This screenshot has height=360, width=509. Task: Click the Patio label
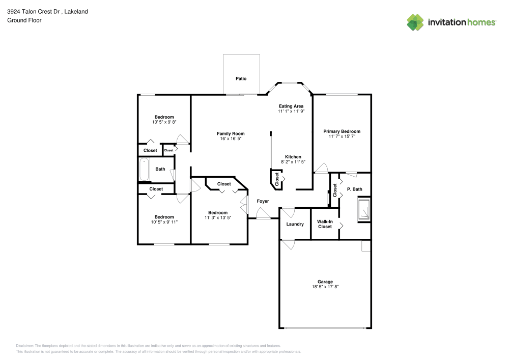coord(241,78)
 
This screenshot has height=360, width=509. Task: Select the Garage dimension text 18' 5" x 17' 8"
coord(325,287)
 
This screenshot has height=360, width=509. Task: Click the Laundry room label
coord(295,224)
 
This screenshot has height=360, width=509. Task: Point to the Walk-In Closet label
coord(325,224)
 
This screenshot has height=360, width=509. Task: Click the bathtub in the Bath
coord(144,170)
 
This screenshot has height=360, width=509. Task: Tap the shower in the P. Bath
coord(364,209)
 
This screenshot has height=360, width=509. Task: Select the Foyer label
coord(263,201)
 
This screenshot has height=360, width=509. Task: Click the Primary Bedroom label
coord(342,131)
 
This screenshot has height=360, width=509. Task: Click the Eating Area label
coord(291,106)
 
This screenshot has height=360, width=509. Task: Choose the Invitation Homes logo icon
coord(415,22)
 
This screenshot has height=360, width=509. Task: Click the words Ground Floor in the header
coord(24,20)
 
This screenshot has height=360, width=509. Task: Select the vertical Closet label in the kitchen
coord(277,179)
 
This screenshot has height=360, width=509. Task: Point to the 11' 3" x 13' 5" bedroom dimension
coord(218,217)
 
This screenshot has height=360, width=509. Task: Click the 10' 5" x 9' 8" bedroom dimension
coord(164,122)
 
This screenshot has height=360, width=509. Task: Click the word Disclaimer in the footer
coord(25,345)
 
